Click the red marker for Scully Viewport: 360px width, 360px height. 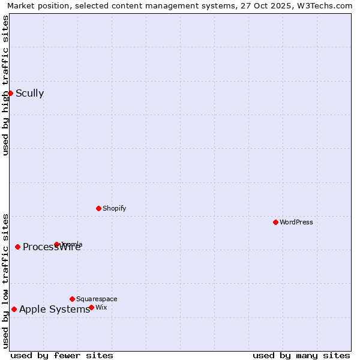[10, 93]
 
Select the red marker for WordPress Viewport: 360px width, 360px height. [275, 222]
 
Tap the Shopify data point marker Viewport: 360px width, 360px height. [98, 208]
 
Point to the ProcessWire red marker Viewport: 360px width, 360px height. [17, 247]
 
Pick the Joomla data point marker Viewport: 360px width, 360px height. [56, 244]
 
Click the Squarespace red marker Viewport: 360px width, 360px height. [72, 299]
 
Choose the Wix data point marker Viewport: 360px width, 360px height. [91, 307]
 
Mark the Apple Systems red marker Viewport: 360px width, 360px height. [14, 309]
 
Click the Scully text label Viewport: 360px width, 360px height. [29, 93]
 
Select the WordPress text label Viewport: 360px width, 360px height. [296, 222]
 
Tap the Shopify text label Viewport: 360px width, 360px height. [114, 208]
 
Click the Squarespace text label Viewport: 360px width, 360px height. [97, 299]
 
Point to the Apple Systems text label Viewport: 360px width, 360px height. [54, 309]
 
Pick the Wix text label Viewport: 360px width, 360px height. [101, 307]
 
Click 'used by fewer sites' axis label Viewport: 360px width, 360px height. [62, 355]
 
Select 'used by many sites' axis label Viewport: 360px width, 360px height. [301, 355]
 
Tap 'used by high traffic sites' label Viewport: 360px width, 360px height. [5, 85]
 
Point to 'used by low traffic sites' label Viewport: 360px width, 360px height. [5, 280]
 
